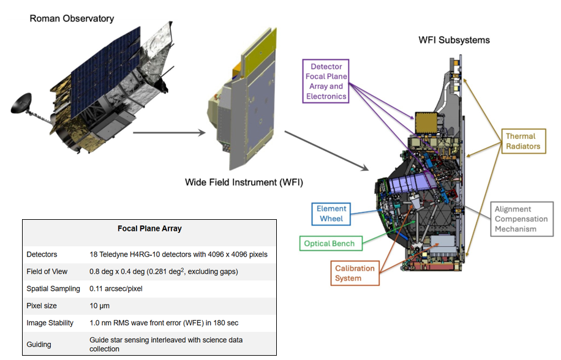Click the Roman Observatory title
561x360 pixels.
72,18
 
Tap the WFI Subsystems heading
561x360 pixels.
454,40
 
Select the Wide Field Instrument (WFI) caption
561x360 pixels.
244,182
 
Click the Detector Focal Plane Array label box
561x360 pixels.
326,81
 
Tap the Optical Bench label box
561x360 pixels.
329,243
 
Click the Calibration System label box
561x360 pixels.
356,273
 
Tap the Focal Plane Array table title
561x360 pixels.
149,228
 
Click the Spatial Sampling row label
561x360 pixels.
53,288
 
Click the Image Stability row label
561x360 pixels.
50,323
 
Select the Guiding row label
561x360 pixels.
39,344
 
